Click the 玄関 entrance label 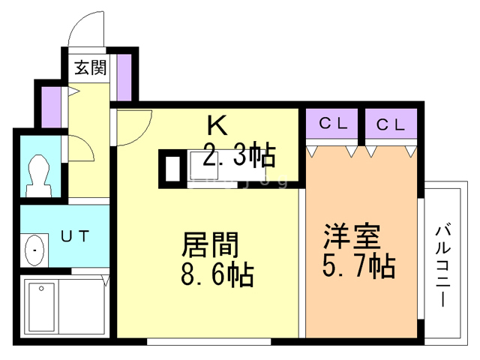(90, 67)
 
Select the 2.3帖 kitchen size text (239, 155)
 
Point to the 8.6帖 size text (217, 274)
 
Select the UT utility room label (74, 236)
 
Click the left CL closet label (332, 124)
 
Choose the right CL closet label (390, 124)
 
